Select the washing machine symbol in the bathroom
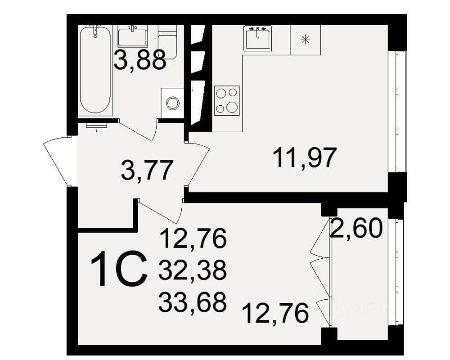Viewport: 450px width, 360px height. click(x=172, y=103)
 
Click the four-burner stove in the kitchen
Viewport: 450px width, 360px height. click(x=227, y=100)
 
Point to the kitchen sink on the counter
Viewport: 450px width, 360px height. click(x=258, y=38)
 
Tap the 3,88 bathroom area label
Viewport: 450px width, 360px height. click(x=139, y=60)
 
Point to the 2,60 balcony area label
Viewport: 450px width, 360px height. click(x=356, y=229)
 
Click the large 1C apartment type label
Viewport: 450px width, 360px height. click(x=119, y=270)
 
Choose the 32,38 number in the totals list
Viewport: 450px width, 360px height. click(x=192, y=271)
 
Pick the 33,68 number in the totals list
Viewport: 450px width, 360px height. click(x=192, y=302)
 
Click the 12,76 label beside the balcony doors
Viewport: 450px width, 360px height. click(x=275, y=313)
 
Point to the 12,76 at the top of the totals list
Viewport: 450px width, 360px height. click(x=192, y=239)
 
